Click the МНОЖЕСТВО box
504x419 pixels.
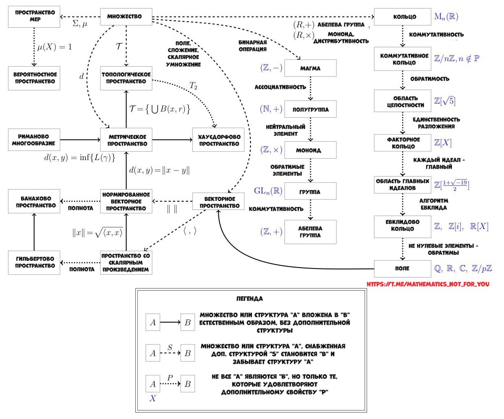pos(126,18)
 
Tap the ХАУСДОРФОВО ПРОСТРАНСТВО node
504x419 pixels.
pos(218,140)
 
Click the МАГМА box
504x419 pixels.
pos(310,69)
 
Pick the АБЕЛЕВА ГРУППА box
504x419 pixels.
pos(310,232)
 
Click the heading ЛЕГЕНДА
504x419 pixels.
pos(249,299)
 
